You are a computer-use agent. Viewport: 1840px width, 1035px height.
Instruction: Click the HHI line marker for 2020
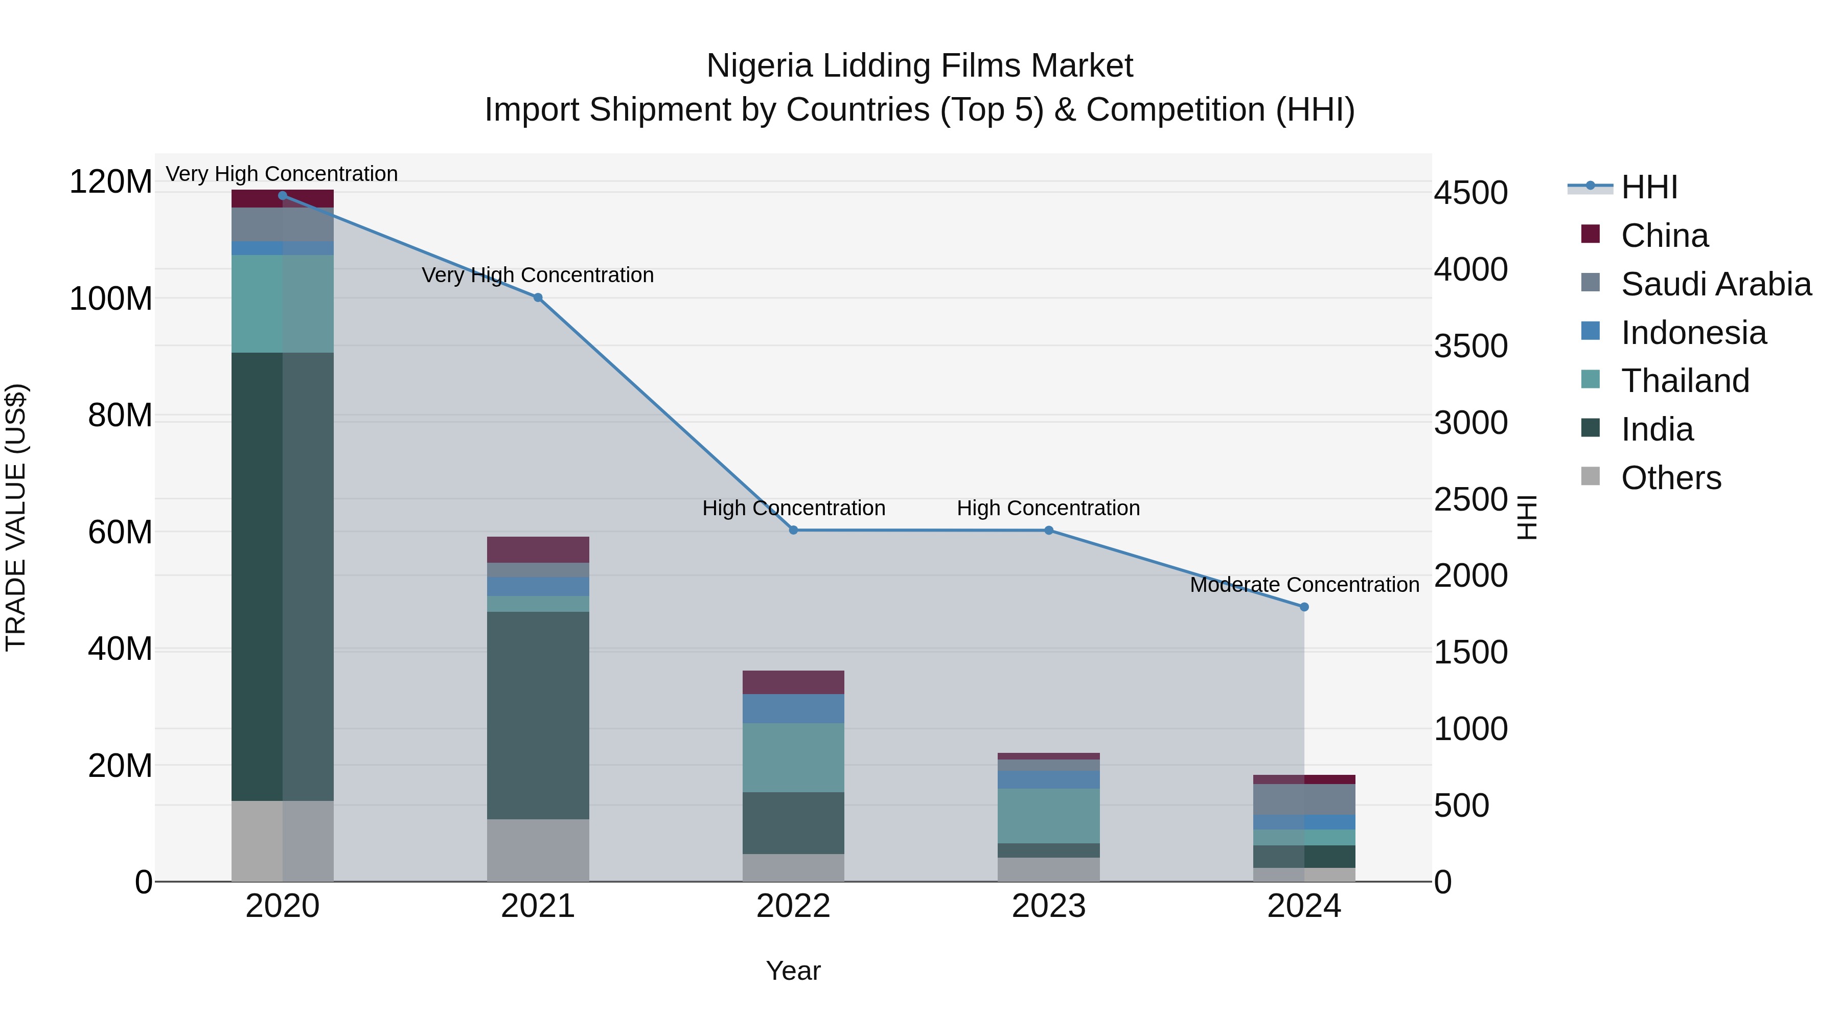[x=282, y=195]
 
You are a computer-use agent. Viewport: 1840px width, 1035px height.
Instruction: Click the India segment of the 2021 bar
[x=538, y=715]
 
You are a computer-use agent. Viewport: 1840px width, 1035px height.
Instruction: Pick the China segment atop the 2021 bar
[x=538, y=549]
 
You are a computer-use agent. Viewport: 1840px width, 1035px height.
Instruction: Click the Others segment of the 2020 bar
[x=282, y=841]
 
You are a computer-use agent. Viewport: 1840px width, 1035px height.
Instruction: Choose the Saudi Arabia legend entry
[x=1716, y=284]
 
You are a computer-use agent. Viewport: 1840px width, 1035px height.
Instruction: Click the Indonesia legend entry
[x=1693, y=333]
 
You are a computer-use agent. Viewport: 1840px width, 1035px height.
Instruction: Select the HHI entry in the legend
[x=1648, y=187]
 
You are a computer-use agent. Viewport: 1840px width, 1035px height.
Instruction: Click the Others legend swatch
[x=1590, y=476]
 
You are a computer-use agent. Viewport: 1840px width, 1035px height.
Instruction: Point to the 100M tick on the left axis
[x=111, y=298]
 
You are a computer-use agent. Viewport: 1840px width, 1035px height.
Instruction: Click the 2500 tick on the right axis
[x=1470, y=499]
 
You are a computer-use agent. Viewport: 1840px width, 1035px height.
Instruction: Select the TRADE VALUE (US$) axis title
[x=16, y=517]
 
